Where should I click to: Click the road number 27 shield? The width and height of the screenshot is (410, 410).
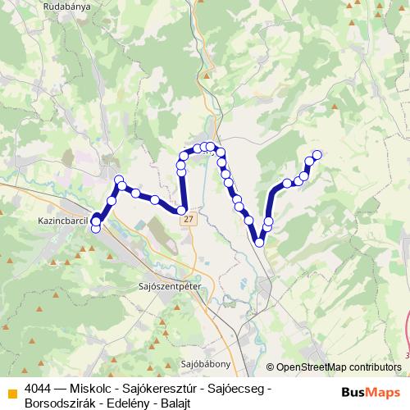coord(189,221)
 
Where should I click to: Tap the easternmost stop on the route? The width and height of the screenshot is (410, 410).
coord(317,153)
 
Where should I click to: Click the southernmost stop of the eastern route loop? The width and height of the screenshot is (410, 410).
coord(259,241)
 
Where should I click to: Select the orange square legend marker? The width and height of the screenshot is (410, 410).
coord(11,390)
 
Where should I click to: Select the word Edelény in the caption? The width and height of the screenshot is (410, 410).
coord(130,403)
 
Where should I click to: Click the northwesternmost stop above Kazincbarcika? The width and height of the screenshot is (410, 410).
coord(119,180)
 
